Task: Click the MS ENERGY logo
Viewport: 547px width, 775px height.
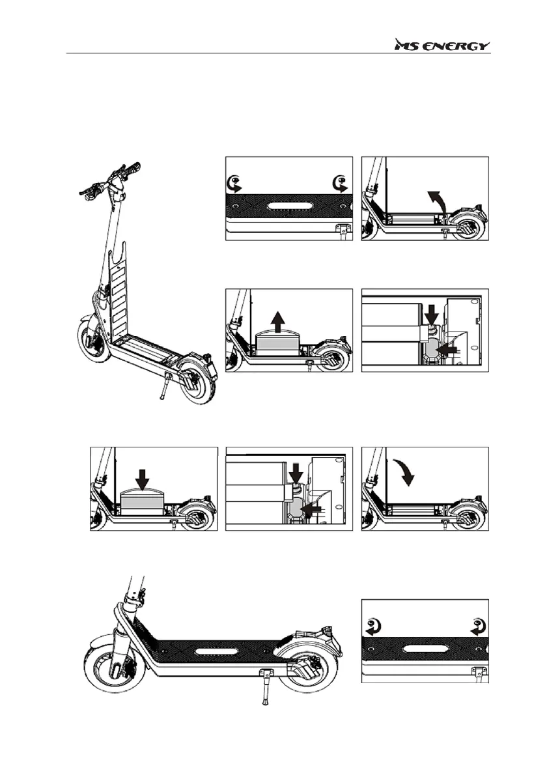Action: pos(442,46)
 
